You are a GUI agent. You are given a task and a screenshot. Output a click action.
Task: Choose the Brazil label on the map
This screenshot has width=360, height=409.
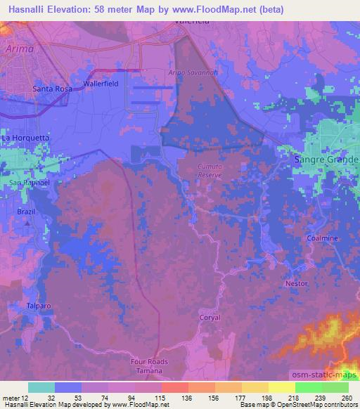[27, 212]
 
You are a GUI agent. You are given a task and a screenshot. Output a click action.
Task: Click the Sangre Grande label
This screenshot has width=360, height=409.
[325, 160]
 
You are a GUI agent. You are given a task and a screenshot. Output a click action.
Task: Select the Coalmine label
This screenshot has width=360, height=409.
[323, 238]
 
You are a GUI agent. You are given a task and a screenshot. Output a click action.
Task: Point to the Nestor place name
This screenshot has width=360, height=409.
[297, 283]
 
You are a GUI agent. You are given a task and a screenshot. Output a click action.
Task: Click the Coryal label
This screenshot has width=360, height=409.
[210, 318]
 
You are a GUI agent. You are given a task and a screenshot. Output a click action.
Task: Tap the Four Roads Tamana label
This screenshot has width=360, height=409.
[148, 365]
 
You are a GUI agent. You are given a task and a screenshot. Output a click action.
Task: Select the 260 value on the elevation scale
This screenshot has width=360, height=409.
[346, 398]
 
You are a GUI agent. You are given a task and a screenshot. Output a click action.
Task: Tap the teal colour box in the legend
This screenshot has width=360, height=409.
[41, 387]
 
